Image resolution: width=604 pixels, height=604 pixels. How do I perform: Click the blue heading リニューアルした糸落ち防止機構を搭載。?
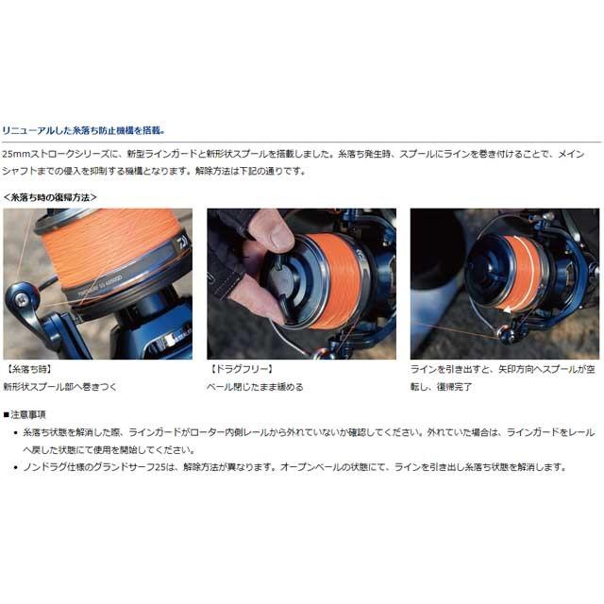pyautogui.click(x=84, y=130)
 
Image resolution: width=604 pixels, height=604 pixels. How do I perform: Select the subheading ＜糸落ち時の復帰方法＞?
pyautogui.click(x=50, y=197)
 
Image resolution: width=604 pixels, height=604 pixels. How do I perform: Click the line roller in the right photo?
pyautogui.click(x=504, y=332)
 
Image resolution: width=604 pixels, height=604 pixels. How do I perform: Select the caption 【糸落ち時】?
pyautogui.click(x=29, y=369)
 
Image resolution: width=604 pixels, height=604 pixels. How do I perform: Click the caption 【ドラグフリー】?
pyautogui.click(x=242, y=369)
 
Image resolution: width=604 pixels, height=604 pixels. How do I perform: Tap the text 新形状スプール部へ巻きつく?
pyautogui.click(x=59, y=387)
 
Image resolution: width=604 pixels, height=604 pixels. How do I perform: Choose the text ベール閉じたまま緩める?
pyautogui.click(x=255, y=387)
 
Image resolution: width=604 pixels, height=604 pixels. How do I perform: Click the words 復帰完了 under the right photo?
pyautogui.click(x=454, y=387)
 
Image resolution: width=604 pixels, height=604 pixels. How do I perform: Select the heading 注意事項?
pyautogui.click(x=28, y=415)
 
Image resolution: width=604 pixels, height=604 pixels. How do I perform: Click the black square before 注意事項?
pyautogui.click(x=7, y=415)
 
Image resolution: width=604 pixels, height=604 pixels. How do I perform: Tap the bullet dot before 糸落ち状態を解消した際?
pyautogui.click(x=16, y=433)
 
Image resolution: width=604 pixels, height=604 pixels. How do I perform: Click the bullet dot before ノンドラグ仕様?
pyautogui.click(x=16, y=468)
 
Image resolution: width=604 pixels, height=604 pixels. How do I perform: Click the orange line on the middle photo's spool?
pyautogui.click(x=336, y=280)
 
